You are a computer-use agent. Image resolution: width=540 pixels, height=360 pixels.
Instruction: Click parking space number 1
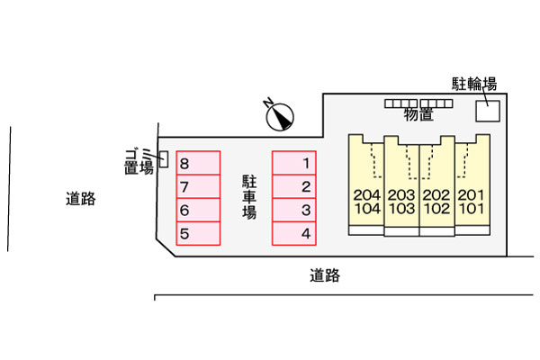[294, 163]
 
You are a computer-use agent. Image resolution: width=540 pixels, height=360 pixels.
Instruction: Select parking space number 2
[294, 186]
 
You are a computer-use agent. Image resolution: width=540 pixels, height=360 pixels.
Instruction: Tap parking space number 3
[294, 210]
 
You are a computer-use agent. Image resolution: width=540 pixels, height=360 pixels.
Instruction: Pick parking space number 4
[294, 233]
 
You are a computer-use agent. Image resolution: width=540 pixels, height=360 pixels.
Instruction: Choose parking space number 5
[197, 233]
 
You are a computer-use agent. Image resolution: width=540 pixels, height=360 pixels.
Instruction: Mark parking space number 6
[197, 210]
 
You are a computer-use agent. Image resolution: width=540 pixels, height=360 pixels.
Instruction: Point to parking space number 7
[197, 186]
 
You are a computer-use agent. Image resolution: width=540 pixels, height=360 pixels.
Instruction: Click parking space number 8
[197, 163]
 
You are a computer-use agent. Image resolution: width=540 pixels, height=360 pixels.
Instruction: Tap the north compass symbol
[281, 113]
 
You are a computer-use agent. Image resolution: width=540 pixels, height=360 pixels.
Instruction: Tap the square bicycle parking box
[487, 109]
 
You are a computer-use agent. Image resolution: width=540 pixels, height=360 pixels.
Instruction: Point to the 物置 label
[418, 114]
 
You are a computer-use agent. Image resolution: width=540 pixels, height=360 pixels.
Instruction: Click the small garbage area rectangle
[163, 159]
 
